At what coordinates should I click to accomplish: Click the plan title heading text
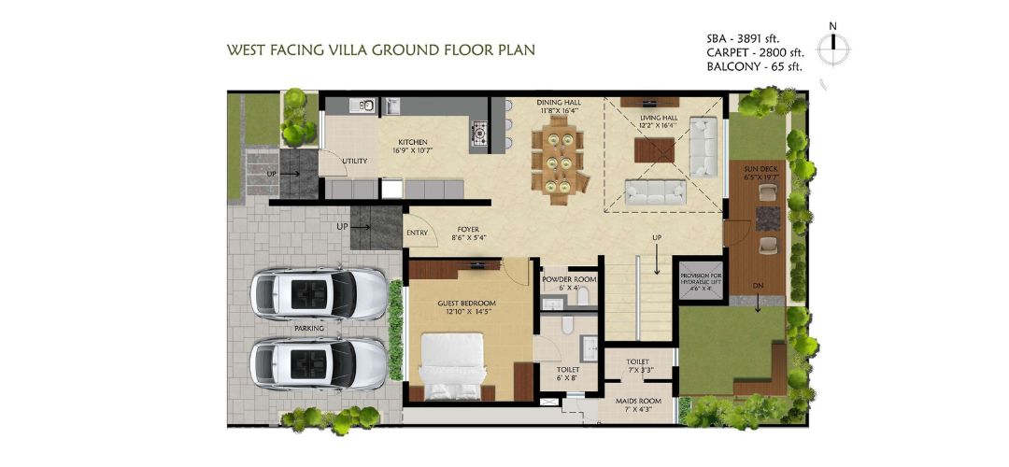pos(381,49)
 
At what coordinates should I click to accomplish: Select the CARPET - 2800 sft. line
pos(755,53)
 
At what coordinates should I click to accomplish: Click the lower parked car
pos(320,361)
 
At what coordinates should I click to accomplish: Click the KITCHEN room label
pos(413,143)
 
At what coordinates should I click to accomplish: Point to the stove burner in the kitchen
pos(479,134)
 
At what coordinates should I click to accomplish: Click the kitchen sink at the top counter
pos(366,105)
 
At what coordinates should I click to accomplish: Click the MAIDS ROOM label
pos(637,402)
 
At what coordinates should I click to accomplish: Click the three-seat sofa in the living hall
pos(654,191)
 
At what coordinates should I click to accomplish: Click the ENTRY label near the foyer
pos(417,233)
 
